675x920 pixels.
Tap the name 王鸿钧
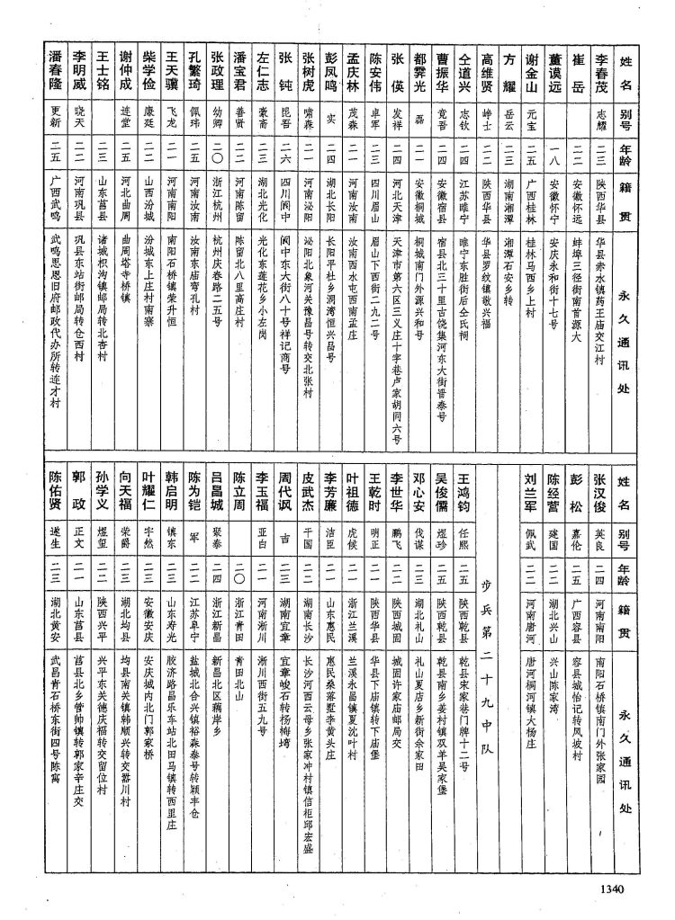(464, 493)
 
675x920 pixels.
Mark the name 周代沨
(283, 493)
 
